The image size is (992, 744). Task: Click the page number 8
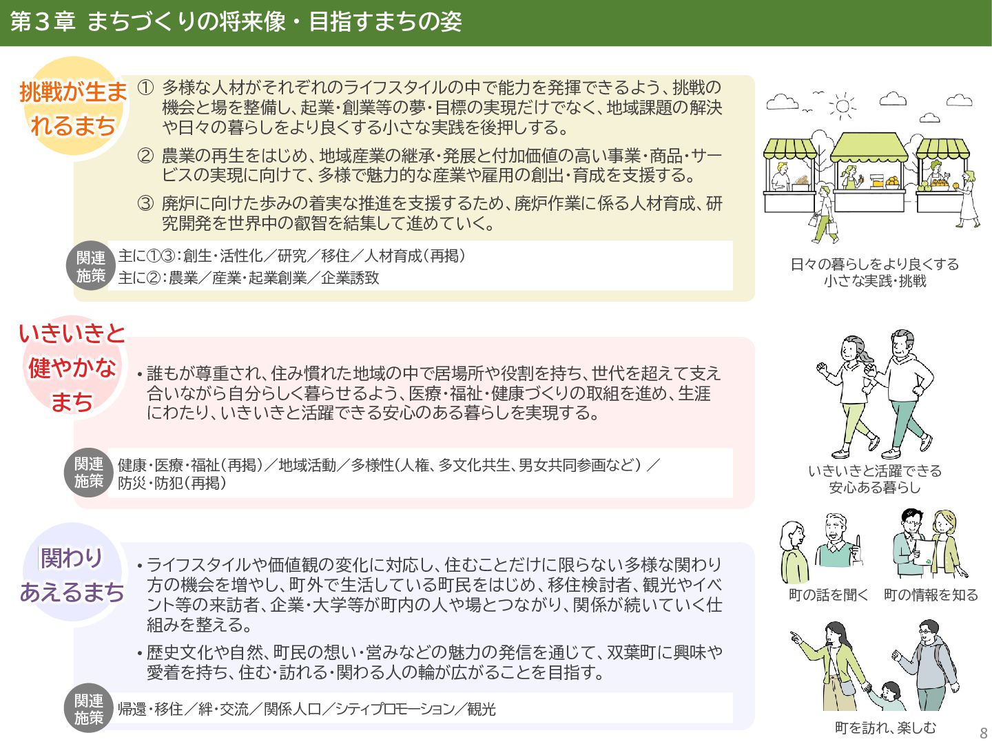point(983,733)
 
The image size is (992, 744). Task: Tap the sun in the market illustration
point(842,106)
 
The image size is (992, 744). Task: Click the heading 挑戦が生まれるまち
point(73,108)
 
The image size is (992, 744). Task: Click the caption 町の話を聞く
point(828,595)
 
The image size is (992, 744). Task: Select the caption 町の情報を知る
point(931,595)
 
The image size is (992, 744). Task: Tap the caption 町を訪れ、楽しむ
point(885,727)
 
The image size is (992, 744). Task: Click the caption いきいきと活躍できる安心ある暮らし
point(875,479)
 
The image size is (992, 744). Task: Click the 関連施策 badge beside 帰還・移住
point(90,709)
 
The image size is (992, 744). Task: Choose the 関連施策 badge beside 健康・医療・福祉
point(90,473)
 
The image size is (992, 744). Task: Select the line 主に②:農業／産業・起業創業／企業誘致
point(249,278)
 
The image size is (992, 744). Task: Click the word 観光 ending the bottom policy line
point(481,709)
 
